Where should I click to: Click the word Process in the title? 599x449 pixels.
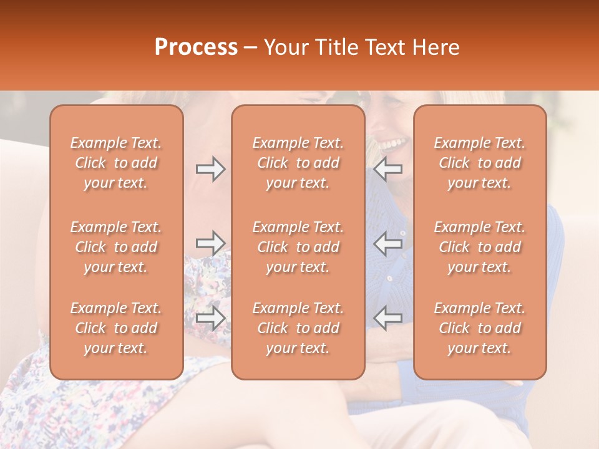(x=196, y=47)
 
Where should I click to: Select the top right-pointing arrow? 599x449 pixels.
(x=211, y=169)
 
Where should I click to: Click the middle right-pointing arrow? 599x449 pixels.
(x=211, y=243)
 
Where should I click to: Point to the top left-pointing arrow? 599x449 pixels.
(x=388, y=169)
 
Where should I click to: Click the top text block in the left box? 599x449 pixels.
(x=116, y=163)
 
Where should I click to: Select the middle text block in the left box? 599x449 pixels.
(x=116, y=247)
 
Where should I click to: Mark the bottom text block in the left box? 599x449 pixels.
(x=116, y=328)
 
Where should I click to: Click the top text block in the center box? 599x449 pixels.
(x=298, y=163)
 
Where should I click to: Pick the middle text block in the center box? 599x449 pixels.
(x=298, y=247)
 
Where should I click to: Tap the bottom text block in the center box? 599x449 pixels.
(x=298, y=328)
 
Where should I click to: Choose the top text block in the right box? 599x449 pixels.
(x=479, y=163)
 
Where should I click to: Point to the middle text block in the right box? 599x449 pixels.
(x=479, y=247)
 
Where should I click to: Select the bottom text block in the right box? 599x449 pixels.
(x=479, y=328)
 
